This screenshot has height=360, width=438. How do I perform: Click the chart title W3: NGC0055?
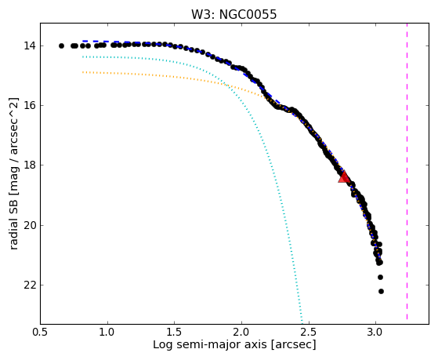[x=233, y=14]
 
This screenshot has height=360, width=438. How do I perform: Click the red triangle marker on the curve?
[x=344, y=176]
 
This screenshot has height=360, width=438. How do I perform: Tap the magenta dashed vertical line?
[x=407, y=171]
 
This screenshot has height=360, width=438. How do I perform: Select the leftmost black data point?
[x=61, y=45]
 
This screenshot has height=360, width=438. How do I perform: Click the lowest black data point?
[x=381, y=292]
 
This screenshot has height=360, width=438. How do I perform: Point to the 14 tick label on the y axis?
[x=29, y=45]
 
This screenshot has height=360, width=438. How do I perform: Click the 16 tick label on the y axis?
[x=29, y=106]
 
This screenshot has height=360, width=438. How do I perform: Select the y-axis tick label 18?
[x=29, y=165]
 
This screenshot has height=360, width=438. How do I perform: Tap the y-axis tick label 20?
[x=29, y=225]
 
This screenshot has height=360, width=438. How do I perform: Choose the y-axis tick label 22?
[x=29, y=285]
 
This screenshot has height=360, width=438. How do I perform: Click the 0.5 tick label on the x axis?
[x=41, y=332]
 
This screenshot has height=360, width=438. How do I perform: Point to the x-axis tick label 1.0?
[x=107, y=332]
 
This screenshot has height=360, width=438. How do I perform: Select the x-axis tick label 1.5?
[x=175, y=332]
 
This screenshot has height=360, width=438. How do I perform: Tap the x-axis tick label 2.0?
[x=241, y=332]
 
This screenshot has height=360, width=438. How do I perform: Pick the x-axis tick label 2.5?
[x=309, y=332]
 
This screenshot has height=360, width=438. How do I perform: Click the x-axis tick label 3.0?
[x=375, y=332]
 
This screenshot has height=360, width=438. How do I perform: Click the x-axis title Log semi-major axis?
[x=210, y=344]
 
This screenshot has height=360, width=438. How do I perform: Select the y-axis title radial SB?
[x=14, y=223]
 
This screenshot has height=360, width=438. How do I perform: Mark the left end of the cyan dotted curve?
[x=83, y=56]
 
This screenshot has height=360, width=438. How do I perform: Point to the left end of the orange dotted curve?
[x=83, y=72]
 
